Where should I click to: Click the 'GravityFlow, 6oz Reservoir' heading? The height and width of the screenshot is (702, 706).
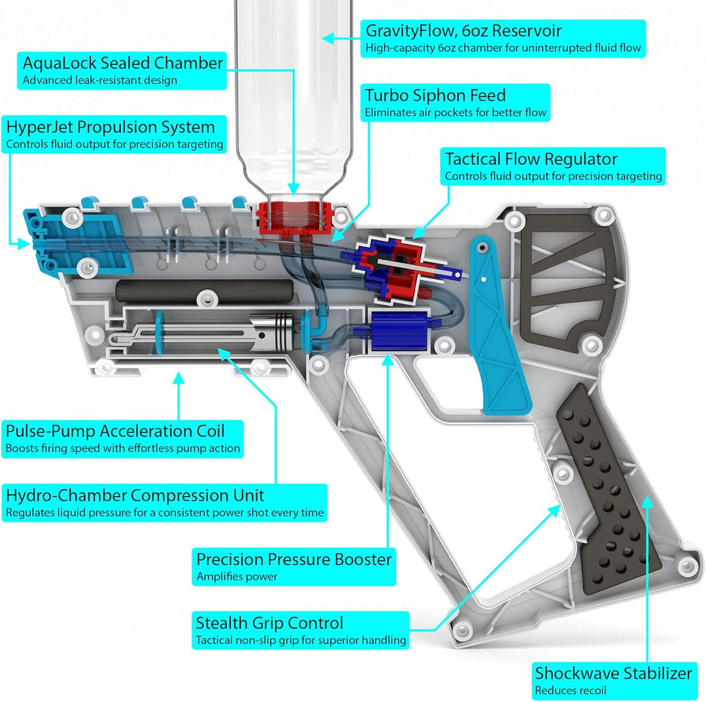(463, 31)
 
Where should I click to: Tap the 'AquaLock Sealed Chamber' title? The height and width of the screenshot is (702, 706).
(123, 63)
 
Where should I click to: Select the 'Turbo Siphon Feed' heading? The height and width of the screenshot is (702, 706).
(435, 95)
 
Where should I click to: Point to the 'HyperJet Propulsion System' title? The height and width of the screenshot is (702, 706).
(110, 127)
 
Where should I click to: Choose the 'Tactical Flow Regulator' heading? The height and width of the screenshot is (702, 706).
(531, 159)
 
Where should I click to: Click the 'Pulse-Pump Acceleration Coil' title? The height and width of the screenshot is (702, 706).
(115, 431)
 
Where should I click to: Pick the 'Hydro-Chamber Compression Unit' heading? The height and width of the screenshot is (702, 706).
(135, 495)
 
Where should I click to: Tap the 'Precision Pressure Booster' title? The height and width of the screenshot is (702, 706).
(294, 560)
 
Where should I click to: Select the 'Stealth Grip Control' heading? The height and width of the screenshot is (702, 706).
(269, 623)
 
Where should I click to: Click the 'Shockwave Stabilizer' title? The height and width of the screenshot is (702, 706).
(613, 673)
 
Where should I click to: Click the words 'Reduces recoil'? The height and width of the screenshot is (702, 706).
(571, 690)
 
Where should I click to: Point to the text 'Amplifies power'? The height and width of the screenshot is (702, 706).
(237, 577)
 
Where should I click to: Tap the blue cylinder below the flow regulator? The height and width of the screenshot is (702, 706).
(390, 326)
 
